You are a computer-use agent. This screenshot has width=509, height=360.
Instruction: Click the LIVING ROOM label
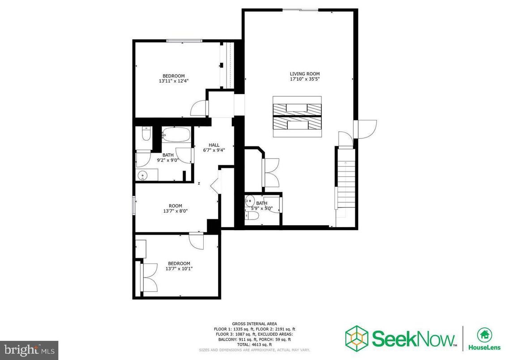(304, 74)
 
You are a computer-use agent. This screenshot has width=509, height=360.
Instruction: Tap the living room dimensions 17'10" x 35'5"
(304, 79)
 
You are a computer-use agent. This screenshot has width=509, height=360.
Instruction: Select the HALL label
(214, 145)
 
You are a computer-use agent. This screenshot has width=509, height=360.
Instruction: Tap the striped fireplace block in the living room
(297, 116)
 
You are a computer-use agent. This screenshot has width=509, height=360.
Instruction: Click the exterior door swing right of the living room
(366, 129)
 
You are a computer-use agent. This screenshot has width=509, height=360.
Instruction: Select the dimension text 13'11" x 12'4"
(173, 81)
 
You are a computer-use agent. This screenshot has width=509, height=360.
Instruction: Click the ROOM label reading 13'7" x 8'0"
(175, 206)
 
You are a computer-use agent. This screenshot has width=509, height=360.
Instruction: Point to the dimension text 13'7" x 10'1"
(179, 269)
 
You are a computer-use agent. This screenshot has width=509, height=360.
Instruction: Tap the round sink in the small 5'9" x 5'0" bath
(250, 201)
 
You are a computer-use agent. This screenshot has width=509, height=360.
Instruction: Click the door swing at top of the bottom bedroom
(197, 240)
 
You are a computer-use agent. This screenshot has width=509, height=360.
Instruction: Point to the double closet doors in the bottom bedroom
(149, 277)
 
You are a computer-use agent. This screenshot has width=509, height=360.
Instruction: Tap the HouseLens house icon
(483, 334)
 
